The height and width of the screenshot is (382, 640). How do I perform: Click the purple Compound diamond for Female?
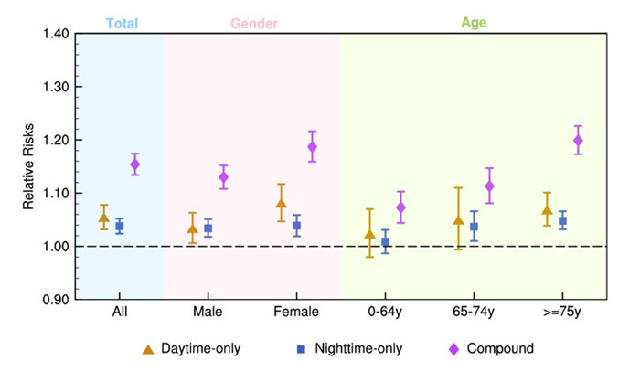click(313, 146)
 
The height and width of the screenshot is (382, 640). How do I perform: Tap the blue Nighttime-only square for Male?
click(208, 228)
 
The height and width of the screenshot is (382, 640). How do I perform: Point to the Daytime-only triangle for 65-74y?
click(458, 219)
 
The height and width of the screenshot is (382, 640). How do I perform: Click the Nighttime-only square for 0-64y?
click(385, 242)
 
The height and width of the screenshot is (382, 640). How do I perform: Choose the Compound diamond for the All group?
click(135, 164)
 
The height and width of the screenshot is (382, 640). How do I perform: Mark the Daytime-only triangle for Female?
click(281, 203)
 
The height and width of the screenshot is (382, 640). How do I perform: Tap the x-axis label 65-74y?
click(473, 312)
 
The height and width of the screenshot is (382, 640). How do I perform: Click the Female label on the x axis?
click(296, 312)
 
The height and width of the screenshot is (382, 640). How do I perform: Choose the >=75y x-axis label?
click(561, 312)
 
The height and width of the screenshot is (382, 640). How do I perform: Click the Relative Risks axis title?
click(28, 166)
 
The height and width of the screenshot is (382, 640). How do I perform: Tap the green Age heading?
click(472, 22)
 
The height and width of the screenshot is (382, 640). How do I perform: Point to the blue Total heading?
click(121, 22)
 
